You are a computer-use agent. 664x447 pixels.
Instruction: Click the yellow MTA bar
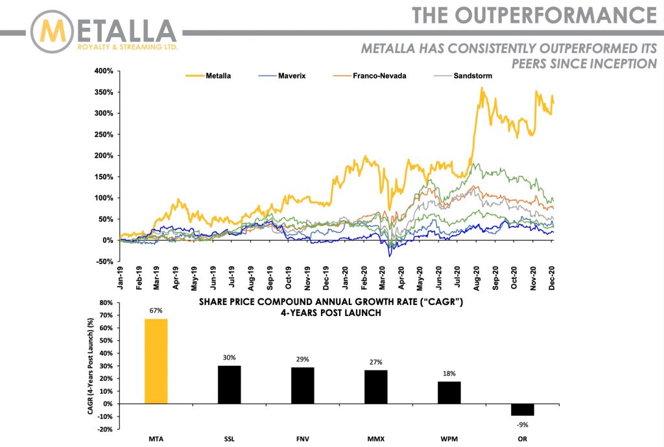tap(155, 361)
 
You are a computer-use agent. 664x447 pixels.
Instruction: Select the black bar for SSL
tap(228, 385)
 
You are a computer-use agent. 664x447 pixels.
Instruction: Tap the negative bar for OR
tap(522, 410)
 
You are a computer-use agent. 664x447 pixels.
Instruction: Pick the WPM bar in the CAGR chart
tap(449, 393)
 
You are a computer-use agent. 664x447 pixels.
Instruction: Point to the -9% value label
tap(522, 426)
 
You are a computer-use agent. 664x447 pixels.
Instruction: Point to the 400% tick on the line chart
tap(104, 71)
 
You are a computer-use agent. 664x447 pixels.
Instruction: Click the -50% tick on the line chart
tap(106, 261)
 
